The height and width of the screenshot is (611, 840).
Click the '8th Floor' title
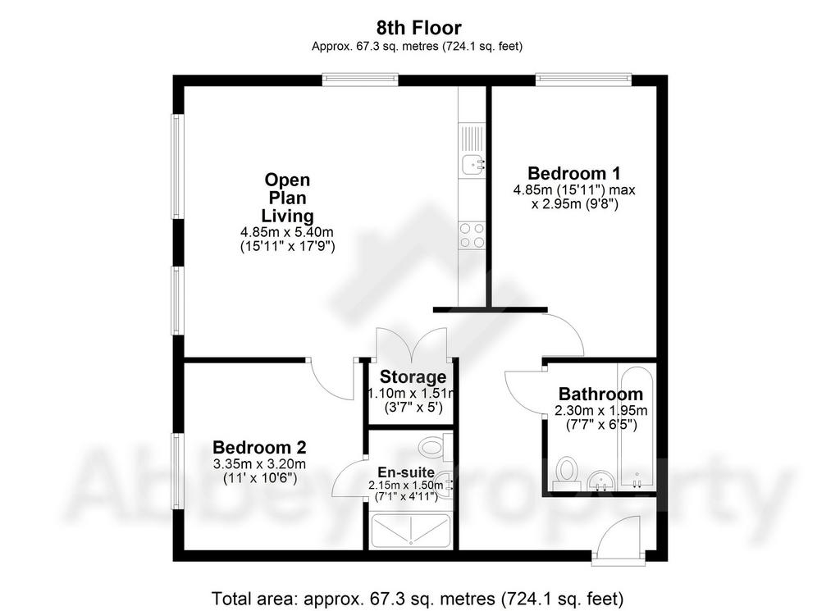tap(418, 27)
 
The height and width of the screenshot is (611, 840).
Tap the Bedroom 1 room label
tap(573, 174)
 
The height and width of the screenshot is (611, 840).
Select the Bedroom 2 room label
tap(259, 447)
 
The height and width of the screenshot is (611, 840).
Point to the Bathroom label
tap(600, 394)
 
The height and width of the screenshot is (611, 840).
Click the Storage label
tap(413, 377)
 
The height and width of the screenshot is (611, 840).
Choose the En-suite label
tap(406, 473)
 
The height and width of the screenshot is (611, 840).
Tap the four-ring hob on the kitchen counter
tap(472, 235)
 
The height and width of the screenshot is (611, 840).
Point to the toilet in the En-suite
tap(435, 447)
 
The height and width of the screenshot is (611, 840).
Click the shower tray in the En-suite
tap(410, 531)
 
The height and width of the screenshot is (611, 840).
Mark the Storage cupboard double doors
tap(411, 344)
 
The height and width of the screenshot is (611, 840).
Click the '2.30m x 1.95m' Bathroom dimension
tap(600, 411)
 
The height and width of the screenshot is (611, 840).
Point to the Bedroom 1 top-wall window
tap(583, 80)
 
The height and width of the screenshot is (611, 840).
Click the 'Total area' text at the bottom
tap(418, 598)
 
